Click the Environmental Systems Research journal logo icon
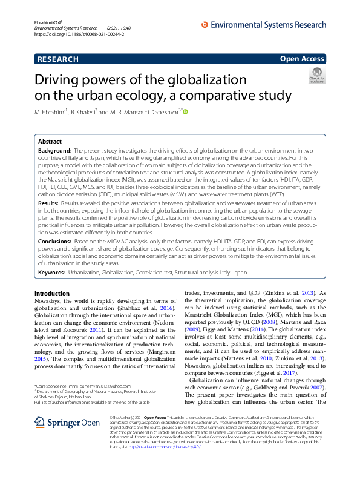(204, 24)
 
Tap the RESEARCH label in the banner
(57, 59)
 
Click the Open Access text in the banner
(303, 59)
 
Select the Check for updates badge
(316, 76)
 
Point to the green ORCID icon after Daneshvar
(185, 111)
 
